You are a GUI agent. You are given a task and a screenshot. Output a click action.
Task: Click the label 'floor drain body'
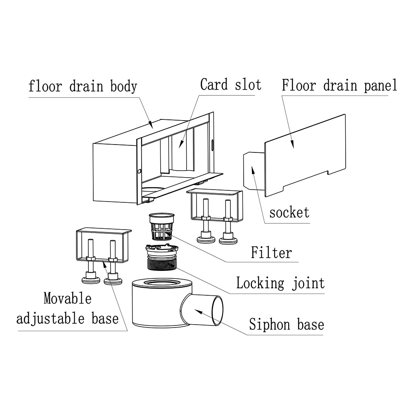pos(83,87)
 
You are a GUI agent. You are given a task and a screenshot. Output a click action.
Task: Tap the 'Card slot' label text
pos(230,85)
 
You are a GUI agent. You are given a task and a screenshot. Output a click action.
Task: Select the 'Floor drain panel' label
pos(339,85)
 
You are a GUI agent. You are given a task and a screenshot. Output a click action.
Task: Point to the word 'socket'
pos(289,213)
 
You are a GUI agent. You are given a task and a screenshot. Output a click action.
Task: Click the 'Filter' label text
pos(271,252)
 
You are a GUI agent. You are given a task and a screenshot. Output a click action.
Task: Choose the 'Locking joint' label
pos(280,283)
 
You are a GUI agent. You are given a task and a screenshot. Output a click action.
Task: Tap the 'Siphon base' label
pos(286,324)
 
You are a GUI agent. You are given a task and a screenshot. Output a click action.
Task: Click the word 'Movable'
pos(67,298)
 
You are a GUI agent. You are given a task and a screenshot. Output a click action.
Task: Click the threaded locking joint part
pos(161,258)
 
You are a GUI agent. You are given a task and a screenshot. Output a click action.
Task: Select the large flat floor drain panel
pos(306,155)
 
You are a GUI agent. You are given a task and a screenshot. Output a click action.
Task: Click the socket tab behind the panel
pos(253,169)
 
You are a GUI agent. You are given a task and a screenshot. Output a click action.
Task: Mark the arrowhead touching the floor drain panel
pos(293,144)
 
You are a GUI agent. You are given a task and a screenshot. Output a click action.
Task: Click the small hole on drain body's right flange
pos(212,144)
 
